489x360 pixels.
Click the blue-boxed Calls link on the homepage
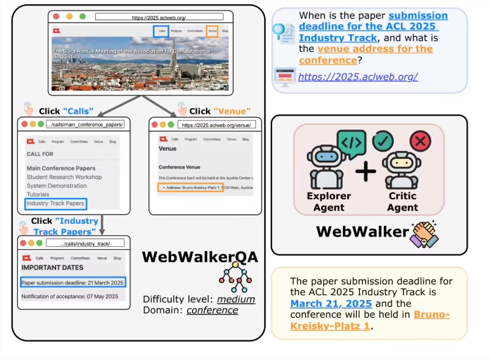point(161,31)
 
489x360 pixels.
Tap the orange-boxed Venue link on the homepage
point(212,31)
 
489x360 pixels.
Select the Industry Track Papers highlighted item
point(55,203)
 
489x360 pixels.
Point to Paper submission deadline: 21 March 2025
point(72,282)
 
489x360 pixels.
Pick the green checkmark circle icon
point(383,141)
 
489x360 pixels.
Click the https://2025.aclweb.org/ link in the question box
point(358,76)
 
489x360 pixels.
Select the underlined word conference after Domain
point(212,310)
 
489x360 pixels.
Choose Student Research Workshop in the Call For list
point(64,177)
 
